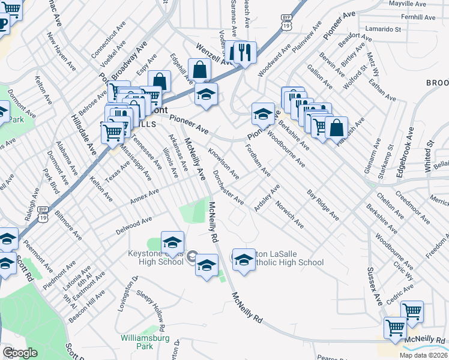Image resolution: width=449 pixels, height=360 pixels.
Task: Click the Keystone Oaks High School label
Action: click(x=155, y=257)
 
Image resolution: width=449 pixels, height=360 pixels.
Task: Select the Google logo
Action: click(x=20, y=353)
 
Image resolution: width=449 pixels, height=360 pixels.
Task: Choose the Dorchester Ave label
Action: click(x=229, y=187)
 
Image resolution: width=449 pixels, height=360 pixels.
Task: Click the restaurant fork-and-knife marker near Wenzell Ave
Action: click(x=243, y=52)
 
